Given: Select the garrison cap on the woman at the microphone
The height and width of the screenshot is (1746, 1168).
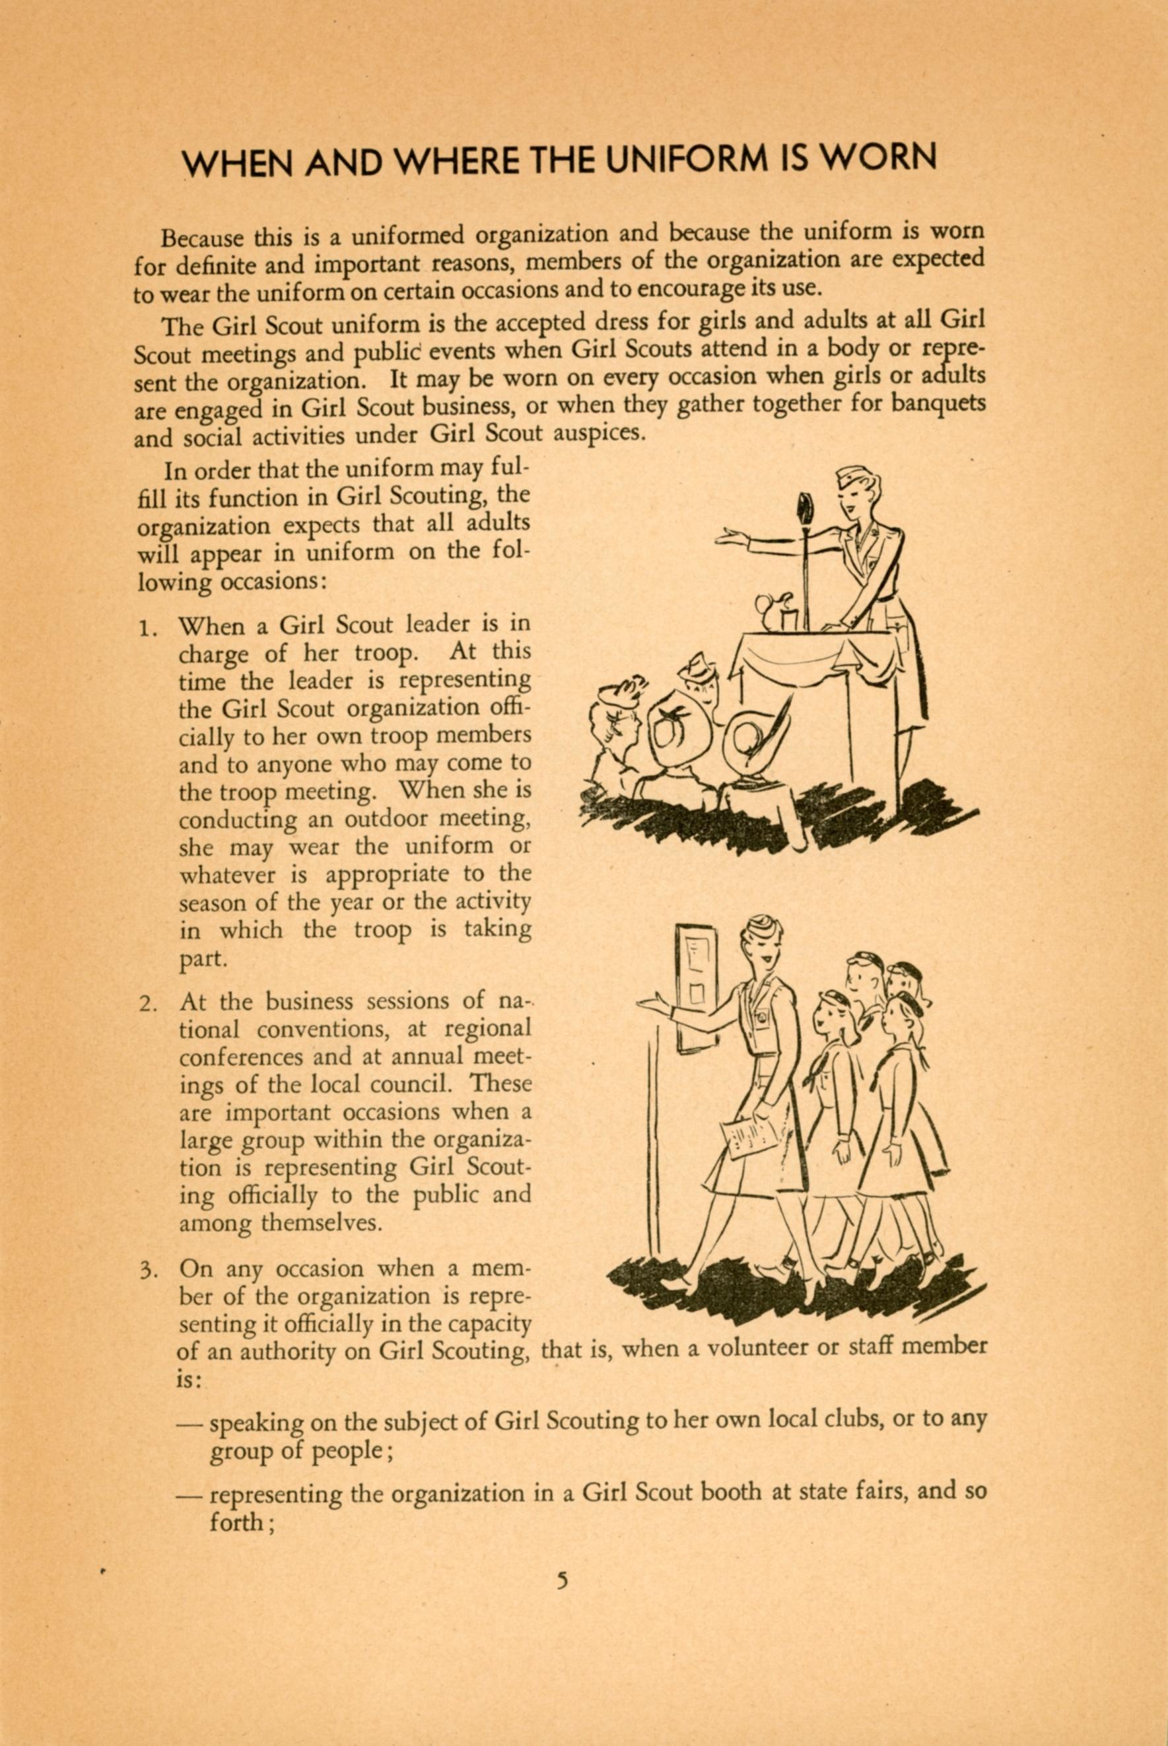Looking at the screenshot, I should (855, 477).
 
